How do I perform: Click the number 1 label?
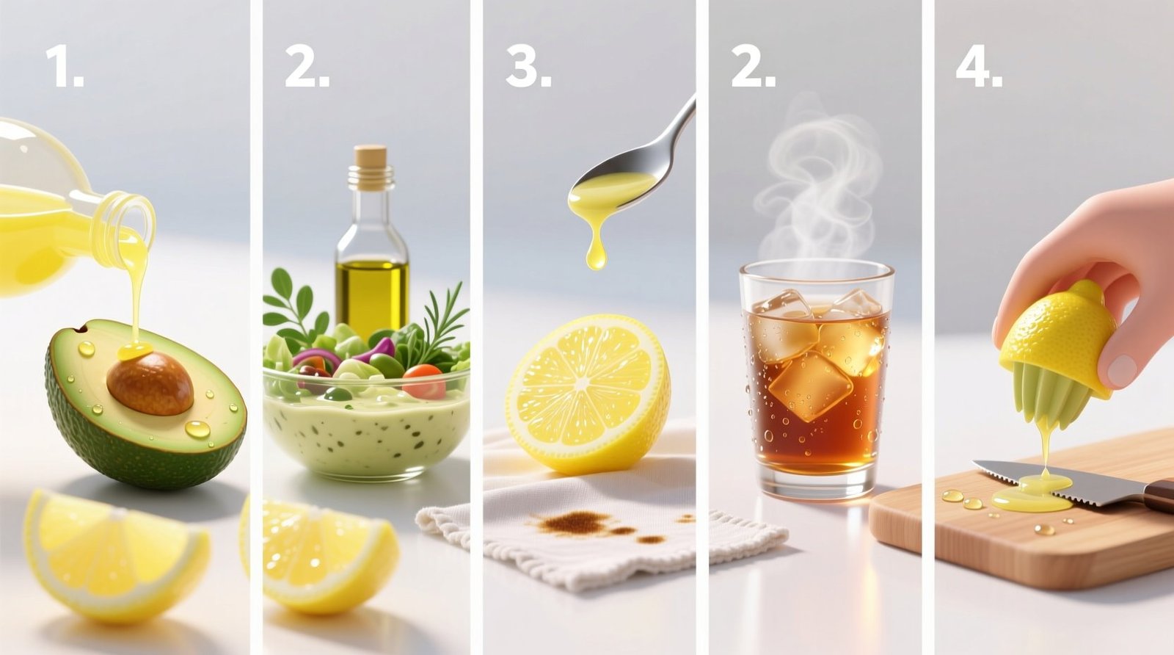click(x=64, y=68)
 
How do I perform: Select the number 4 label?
click(x=978, y=68)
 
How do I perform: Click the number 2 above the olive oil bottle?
click(x=306, y=68)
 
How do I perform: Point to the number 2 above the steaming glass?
click(x=752, y=68)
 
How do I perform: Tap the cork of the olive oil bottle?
click(x=370, y=156)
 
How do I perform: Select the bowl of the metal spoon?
click(x=611, y=190)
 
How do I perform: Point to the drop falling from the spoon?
click(x=597, y=256)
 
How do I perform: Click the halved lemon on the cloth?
click(x=587, y=393)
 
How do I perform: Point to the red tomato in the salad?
click(x=424, y=380)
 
